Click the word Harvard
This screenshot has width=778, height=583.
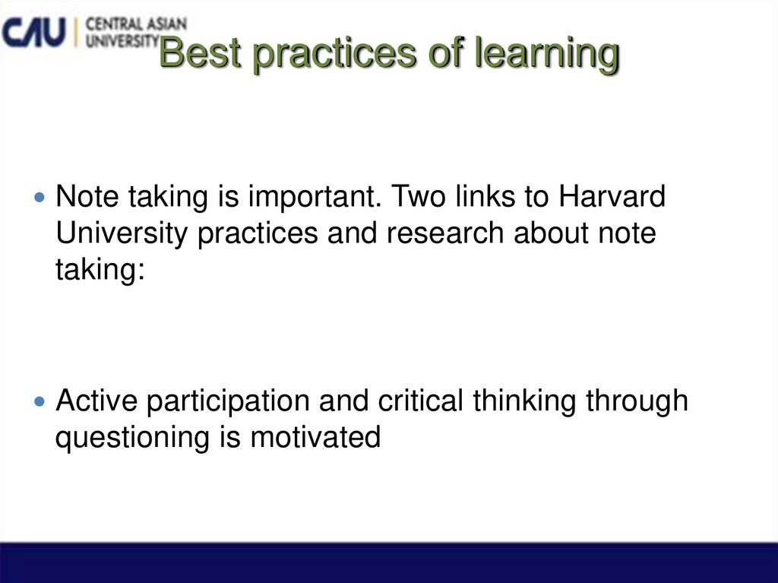(612, 197)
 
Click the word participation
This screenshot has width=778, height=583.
(228, 401)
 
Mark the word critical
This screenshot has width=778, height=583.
(411, 400)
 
